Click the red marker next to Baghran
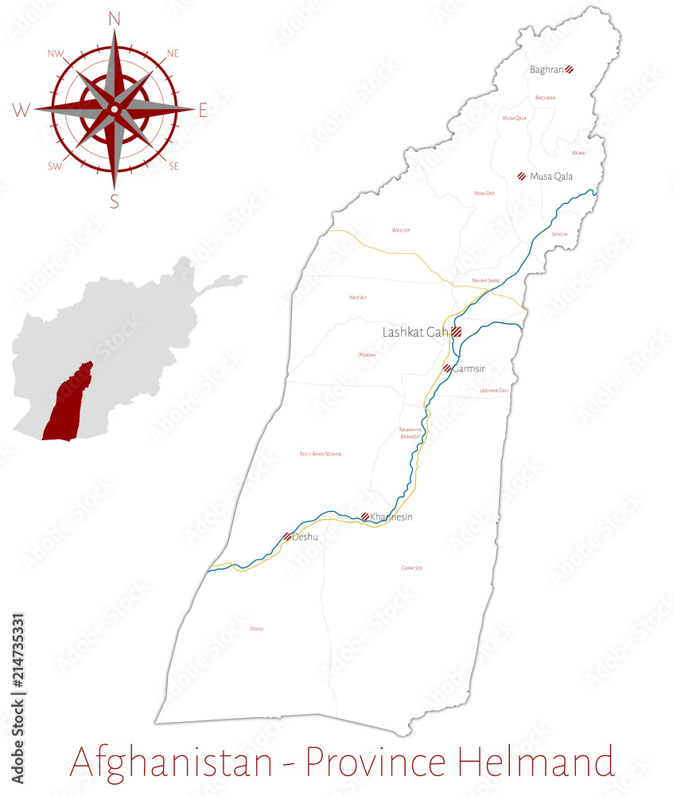[570, 70]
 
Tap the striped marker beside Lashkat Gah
[457, 333]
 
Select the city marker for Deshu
[287, 537]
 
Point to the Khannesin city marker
[364, 517]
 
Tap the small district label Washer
[400, 230]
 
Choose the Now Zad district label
[484, 193]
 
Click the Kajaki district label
[578, 153]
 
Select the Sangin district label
[559, 234]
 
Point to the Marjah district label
[367, 354]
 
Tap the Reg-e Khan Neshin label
[320, 454]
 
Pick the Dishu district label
[256, 629]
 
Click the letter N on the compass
[114, 18]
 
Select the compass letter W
[21, 111]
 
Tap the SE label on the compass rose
[173, 166]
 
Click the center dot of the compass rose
[115, 108]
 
